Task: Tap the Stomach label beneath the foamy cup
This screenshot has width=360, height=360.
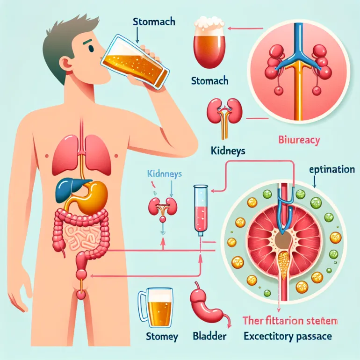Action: click(x=209, y=80)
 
